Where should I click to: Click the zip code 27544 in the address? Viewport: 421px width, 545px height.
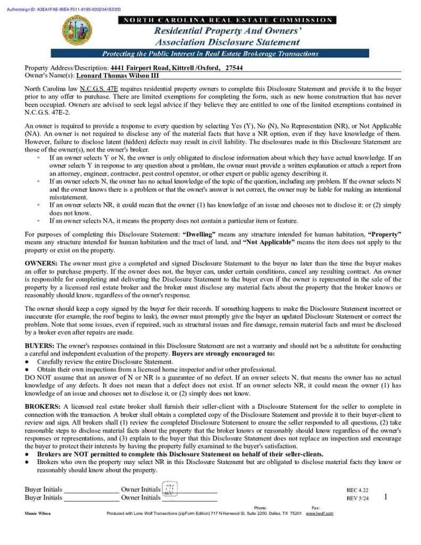[x=234, y=68]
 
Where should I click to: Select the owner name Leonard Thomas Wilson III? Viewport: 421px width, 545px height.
[x=118, y=76]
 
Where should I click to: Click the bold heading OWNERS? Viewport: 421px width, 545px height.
[x=42, y=263]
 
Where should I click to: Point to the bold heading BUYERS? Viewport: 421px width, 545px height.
[x=39, y=346]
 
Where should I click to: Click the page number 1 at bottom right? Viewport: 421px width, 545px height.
[x=385, y=497]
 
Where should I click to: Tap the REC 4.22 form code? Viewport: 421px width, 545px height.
[x=357, y=490]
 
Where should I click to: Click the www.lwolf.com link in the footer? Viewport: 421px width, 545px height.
[x=319, y=514]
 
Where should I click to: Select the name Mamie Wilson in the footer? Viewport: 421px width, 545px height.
[x=35, y=514]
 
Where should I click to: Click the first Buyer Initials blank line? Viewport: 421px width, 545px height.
[x=90, y=490]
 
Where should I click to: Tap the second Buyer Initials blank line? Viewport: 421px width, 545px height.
[x=90, y=498]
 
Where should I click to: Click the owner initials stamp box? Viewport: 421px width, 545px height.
[x=170, y=489]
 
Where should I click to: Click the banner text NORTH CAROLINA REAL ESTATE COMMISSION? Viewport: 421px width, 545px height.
[x=227, y=20]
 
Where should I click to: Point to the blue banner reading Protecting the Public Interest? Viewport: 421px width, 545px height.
[x=210, y=54]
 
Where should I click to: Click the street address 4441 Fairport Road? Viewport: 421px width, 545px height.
[x=140, y=68]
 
